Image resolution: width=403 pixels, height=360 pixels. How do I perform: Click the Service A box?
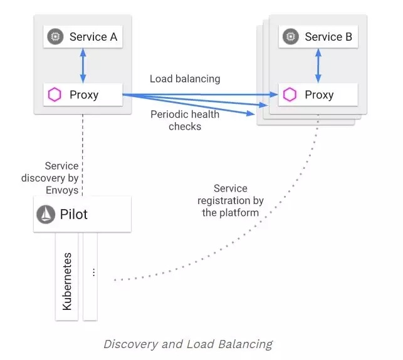(x=82, y=37)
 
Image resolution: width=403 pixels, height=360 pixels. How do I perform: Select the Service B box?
(x=318, y=36)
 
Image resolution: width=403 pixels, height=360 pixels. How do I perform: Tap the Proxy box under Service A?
(x=82, y=95)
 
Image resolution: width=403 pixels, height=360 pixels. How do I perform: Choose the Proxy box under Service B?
(x=318, y=95)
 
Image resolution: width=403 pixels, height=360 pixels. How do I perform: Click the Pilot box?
(x=82, y=214)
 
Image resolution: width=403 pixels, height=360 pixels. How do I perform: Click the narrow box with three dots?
(x=91, y=275)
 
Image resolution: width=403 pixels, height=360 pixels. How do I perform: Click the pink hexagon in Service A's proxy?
(x=55, y=95)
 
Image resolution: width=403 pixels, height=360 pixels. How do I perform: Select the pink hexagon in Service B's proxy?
(x=290, y=95)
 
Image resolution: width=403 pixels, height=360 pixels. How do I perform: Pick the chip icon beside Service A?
(x=55, y=37)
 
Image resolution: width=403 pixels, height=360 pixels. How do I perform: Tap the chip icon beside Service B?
(x=290, y=36)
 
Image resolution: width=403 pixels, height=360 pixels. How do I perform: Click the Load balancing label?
(x=185, y=79)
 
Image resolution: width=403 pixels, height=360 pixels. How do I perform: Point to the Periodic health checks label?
(x=185, y=120)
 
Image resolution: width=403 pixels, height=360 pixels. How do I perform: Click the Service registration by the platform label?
(x=231, y=200)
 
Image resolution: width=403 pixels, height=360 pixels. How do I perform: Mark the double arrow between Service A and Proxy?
(x=82, y=66)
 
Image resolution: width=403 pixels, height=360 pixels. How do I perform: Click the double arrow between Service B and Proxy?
(x=318, y=66)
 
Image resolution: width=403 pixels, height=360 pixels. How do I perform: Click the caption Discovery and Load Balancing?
(x=188, y=344)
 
